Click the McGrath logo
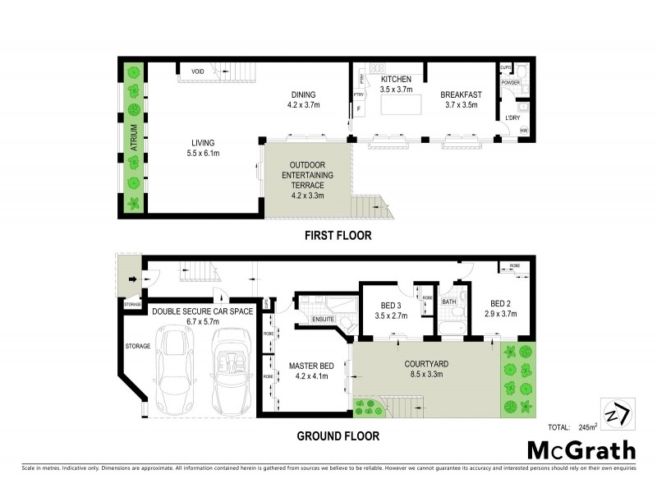click(581, 450)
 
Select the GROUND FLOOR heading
click(338, 435)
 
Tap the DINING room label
click(303, 94)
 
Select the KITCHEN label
click(396, 79)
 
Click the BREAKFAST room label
click(460, 94)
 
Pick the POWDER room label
click(511, 82)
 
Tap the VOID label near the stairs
click(197, 71)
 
